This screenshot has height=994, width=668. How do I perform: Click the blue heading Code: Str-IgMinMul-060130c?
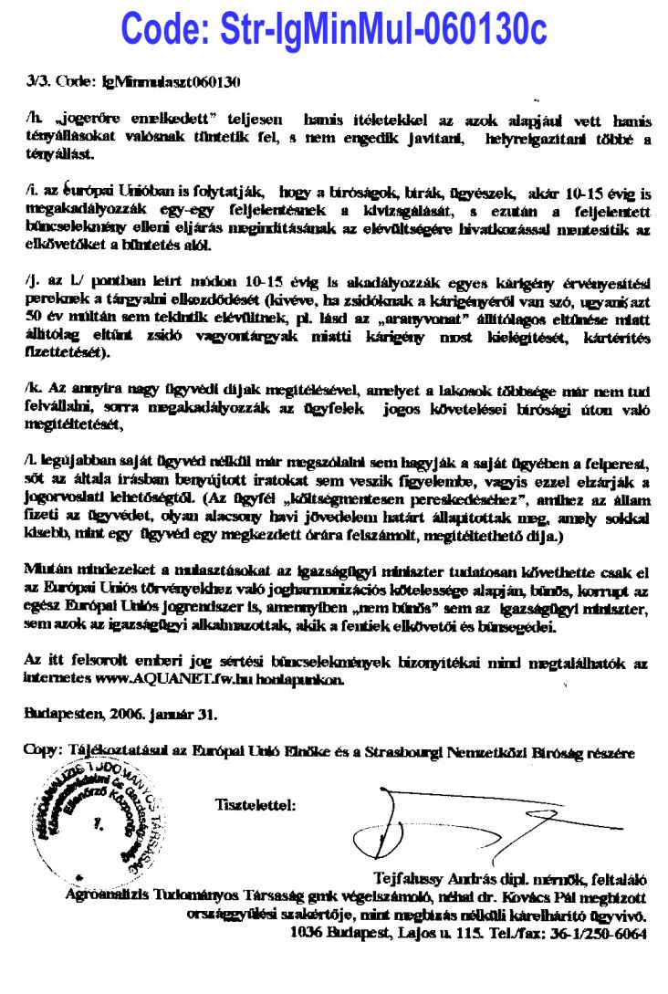pos(334,29)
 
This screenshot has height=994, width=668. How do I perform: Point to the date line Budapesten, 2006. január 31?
pos(120,714)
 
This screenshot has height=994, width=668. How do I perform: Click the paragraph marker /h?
pos(35,120)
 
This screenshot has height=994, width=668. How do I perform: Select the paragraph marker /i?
pos(33,194)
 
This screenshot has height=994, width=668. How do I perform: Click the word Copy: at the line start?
pos(41,752)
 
